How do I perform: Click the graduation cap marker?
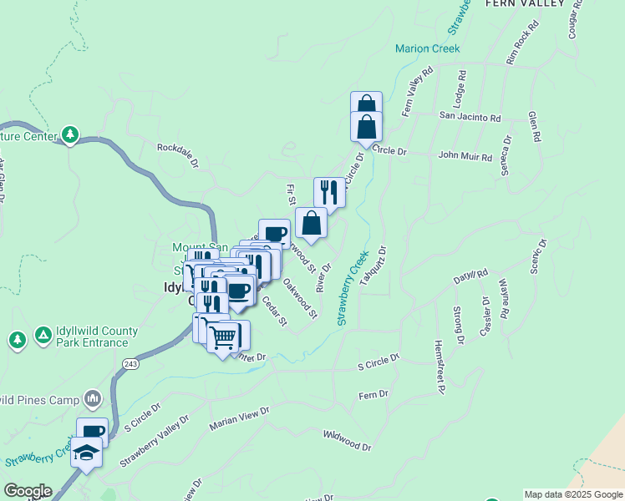pyautogui.click(x=87, y=453)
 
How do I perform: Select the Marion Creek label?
pyautogui.click(x=428, y=48)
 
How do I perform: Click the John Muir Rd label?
pyautogui.click(x=466, y=155)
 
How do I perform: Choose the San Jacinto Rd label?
pyautogui.click(x=470, y=119)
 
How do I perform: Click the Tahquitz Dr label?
pyautogui.click(x=373, y=266)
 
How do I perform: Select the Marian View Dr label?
pyautogui.click(x=241, y=415)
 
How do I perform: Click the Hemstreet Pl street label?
pyautogui.click(x=438, y=366)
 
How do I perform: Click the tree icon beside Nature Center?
pyautogui.click(x=70, y=134)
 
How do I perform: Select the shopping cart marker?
pyautogui.click(x=223, y=337)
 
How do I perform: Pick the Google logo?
pyautogui.click(x=28, y=491)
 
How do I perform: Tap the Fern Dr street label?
pyautogui.click(x=373, y=394)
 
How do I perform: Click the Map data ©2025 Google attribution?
pyautogui.click(x=573, y=494)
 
